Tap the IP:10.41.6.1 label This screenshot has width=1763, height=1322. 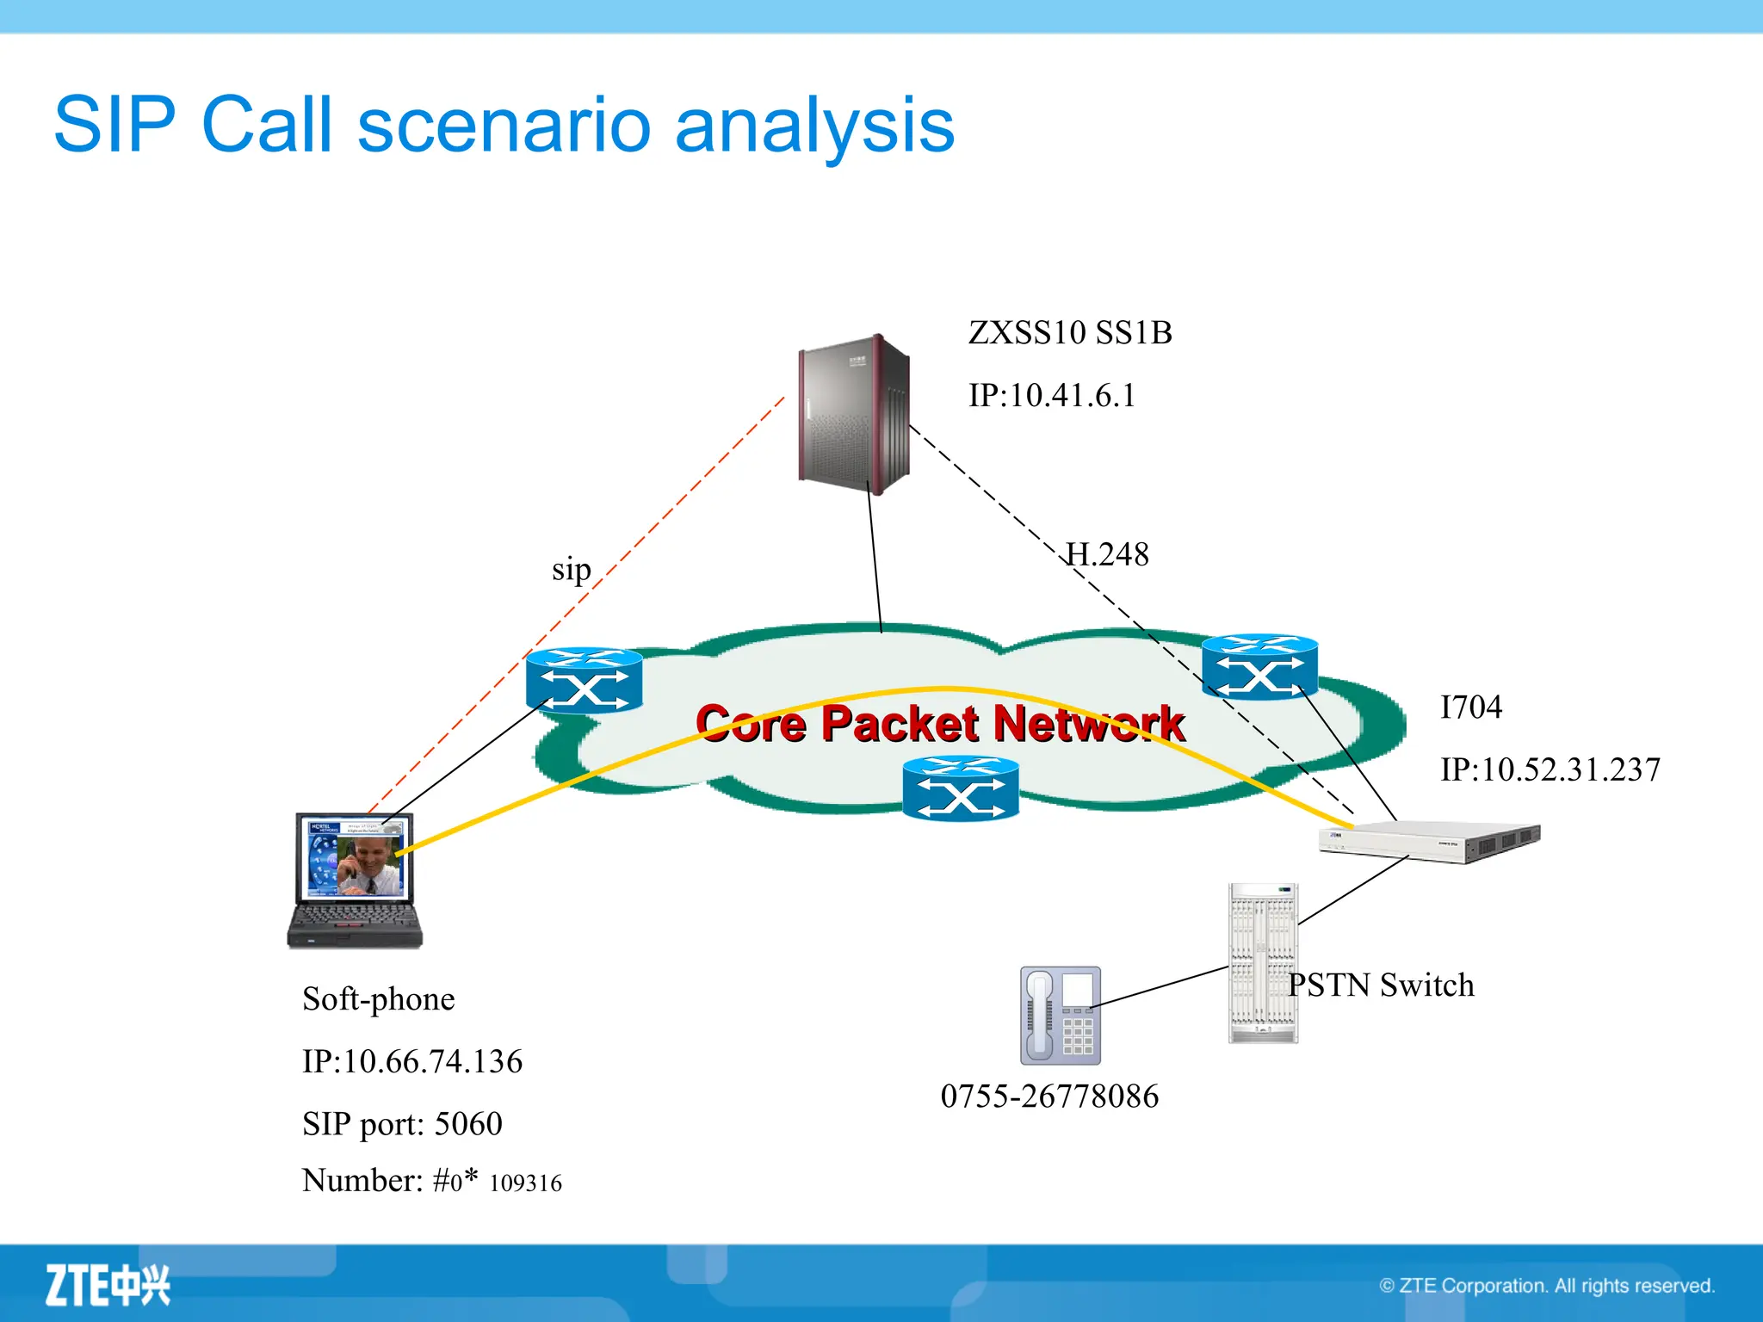coord(1051,396)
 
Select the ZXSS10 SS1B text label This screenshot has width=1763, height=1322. coord(1069,333)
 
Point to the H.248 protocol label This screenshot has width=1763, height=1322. coord(1107,554)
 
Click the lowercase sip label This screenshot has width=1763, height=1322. coord(571,570)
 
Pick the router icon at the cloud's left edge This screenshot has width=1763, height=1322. coord(584,681)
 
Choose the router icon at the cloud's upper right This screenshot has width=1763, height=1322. coord(1259,667)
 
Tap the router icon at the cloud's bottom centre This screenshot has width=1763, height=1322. coord(961,788)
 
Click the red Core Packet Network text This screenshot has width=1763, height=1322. coord(940,723)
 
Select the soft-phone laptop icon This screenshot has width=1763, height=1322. coord(355,880)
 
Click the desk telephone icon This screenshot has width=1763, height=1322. coord(1060,1016)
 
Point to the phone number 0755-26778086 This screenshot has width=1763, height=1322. coord(1049,1097)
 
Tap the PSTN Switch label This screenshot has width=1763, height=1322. coord(1381,985)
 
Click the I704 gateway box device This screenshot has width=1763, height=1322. coord(1429,841)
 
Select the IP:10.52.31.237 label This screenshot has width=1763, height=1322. coord(1550,769)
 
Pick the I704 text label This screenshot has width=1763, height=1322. coord(1470,707)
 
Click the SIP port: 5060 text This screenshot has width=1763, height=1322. coord(402,1124)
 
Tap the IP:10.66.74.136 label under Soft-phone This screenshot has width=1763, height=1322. coord(411,1062)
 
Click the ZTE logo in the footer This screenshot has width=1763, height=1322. coord(108,1285)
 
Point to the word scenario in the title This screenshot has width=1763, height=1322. coord(504,126)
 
